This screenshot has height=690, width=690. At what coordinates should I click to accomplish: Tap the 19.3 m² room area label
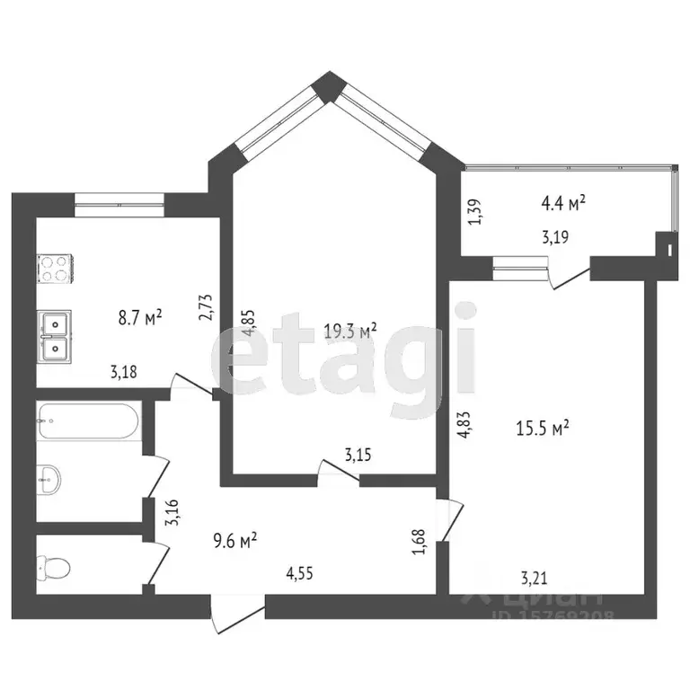(x=349, y=331)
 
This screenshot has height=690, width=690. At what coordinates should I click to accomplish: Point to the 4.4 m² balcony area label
(x=563, y=203)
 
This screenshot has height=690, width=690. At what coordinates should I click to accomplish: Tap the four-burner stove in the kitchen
(x=54, y=269)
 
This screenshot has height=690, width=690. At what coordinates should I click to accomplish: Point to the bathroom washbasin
(x=49, y=480)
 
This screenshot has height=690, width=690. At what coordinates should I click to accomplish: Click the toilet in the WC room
(x=54, y=566)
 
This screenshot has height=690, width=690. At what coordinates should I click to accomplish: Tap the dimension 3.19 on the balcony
(x=553, y=238)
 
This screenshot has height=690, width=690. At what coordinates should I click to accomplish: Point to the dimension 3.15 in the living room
(x=358, y=456)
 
